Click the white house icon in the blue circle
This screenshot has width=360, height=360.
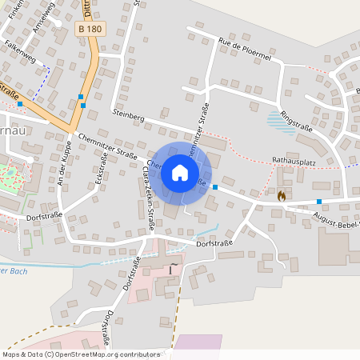point(180,172)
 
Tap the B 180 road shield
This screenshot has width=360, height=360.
point(90,29)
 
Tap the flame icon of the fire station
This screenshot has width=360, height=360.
point(281,194)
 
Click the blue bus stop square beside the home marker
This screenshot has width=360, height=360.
point(215,186)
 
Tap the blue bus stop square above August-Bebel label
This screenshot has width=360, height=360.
point(319,202)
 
